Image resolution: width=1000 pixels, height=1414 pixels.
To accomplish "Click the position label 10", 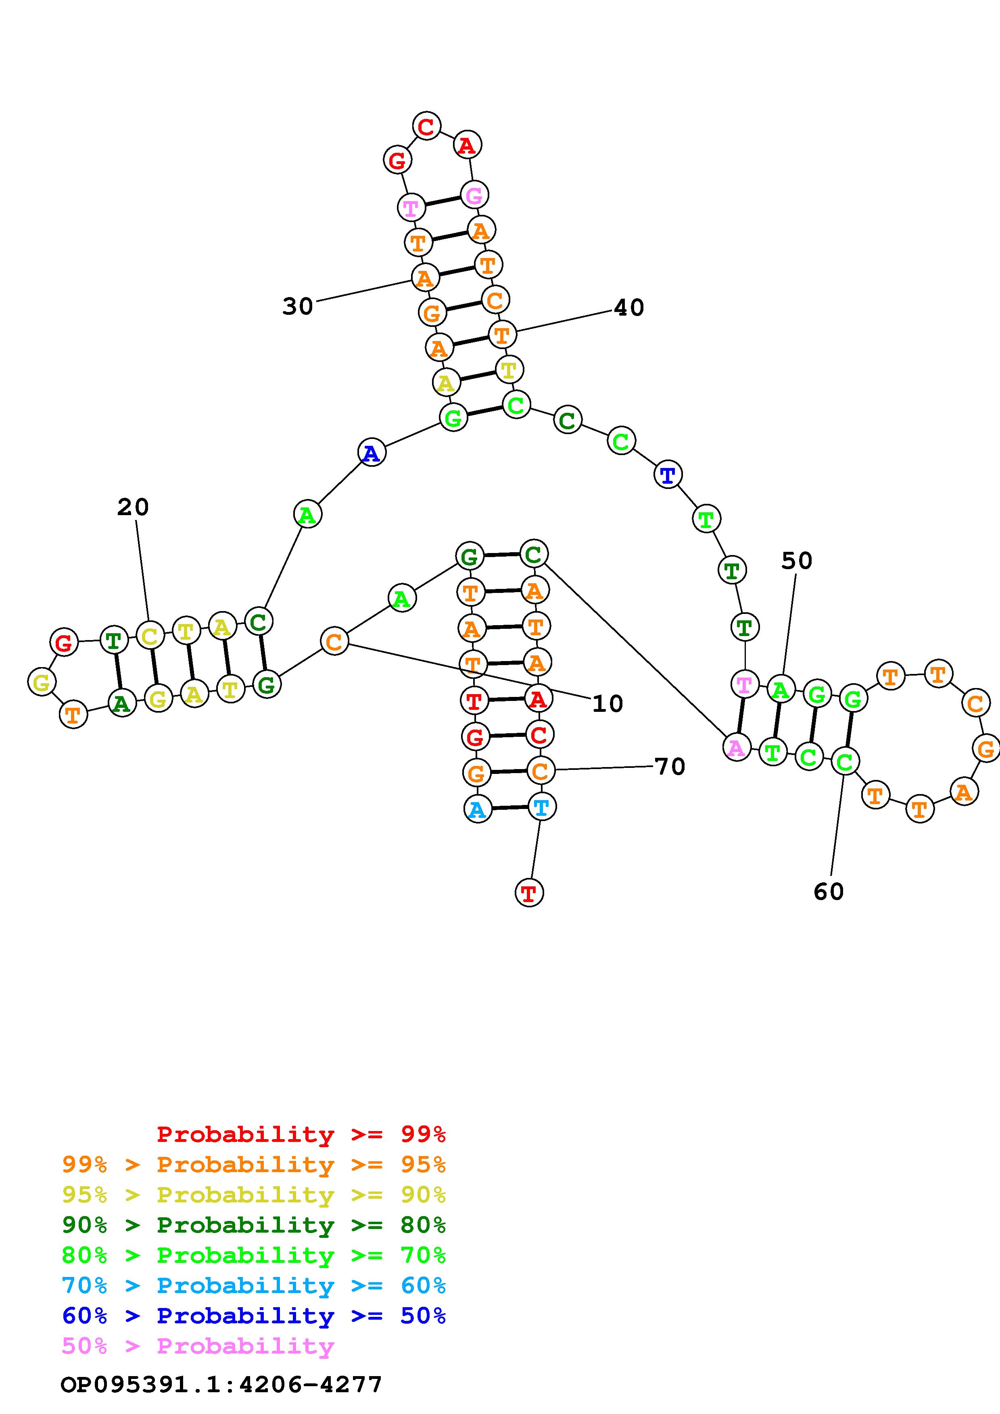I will (608, 703).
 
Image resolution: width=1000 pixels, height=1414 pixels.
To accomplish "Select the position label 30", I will (298, 306).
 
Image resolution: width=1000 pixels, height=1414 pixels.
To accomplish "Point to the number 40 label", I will (629, 307).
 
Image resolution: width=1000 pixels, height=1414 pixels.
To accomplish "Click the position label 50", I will (797, 560).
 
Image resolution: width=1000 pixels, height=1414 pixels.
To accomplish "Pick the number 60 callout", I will (828, 891).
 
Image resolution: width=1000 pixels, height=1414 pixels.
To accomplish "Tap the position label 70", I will (670, 767).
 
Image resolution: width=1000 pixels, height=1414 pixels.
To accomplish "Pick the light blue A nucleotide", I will (478, 809).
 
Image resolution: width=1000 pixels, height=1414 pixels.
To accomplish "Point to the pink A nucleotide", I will (736, 748).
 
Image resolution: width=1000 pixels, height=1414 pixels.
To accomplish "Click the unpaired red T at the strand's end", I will (529, 893).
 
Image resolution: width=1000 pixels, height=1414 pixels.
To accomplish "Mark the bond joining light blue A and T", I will (509, 808).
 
